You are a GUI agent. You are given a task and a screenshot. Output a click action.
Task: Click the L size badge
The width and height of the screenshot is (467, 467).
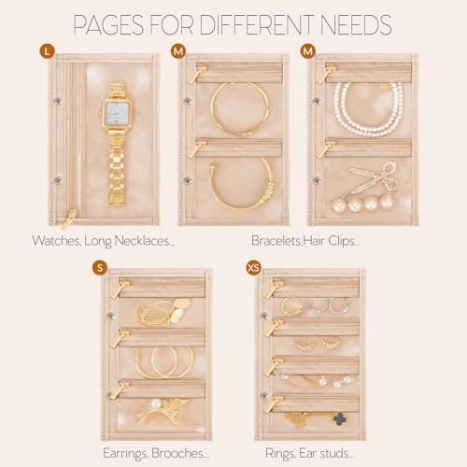click(x=47, y=51)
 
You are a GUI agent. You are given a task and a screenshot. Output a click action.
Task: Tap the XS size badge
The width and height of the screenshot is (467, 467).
click(x=253, y=268)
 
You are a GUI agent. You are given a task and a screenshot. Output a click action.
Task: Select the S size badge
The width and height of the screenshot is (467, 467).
click(x=100, y=268)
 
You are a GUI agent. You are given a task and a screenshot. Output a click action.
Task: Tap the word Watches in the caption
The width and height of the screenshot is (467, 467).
click(x=56, y=241)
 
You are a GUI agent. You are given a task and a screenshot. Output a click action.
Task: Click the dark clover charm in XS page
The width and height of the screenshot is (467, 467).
click(x=340, y=419)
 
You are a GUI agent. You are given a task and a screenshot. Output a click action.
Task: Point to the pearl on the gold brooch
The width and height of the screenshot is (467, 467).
click(x=155, y=404)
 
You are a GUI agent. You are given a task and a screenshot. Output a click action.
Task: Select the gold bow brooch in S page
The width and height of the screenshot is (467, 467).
click(x=162, y=411)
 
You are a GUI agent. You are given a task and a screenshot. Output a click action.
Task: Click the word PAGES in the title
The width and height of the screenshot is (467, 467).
click(x=108, y=25)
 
